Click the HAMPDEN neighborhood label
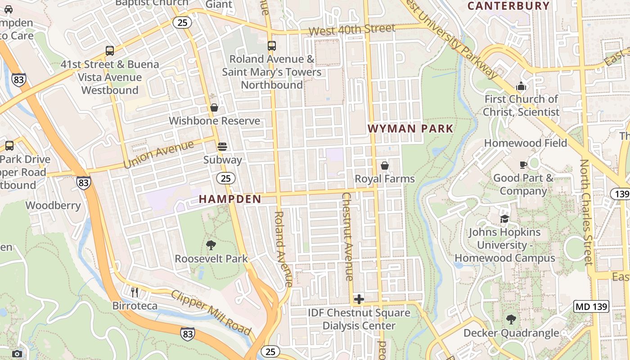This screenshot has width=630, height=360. [230, 199]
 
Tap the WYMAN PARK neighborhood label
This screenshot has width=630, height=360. [410, 129]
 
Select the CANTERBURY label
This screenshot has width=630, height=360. [508, 6]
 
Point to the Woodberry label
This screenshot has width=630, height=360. [53, 206]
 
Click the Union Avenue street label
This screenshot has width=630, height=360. [158, 154]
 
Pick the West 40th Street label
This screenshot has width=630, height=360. [352, 29]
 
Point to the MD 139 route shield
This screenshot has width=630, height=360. [591, 307]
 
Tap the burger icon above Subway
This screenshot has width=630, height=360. [222, 146]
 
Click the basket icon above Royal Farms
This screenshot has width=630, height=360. [385, 166]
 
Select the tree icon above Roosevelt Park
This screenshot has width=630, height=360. [211, 245]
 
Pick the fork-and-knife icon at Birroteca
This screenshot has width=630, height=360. [135, 292]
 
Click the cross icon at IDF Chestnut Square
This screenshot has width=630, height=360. [359, 299]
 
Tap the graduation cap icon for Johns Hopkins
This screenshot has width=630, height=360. [504, 219]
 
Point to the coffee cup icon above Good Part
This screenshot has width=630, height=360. [523, 165]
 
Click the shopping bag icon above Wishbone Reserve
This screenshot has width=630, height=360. [214, 108]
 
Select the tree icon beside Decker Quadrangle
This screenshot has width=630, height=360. [511, 319]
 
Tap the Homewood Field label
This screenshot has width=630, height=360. [525, 143]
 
